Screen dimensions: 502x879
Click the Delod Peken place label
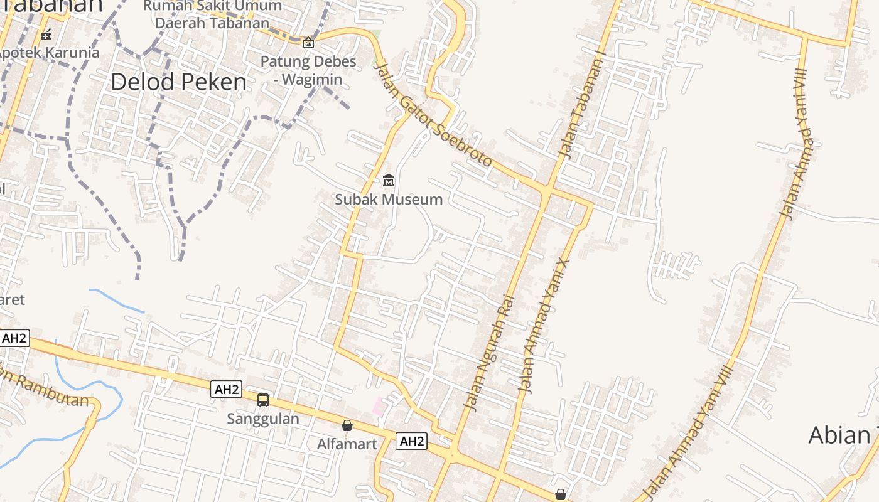(x=179, y=82)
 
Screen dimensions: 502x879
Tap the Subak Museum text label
(x=389, y=200)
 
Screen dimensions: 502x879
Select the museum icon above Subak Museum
(x=389, y=181)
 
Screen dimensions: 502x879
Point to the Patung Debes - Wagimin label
(x=308, y=70)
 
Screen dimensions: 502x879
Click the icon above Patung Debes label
(x=308, y=43)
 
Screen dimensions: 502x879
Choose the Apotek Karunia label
(x=49, y=52)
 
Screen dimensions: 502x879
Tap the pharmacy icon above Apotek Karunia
(x=46, y=34)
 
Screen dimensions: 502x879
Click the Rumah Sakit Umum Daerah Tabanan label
(x=212, y=14)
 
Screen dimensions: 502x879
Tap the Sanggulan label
(x=263, y=419)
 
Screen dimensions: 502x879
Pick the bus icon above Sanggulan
(x=263, y=400)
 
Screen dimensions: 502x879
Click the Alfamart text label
(x=347, y=444)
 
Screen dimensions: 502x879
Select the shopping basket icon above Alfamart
(x=347, y=425)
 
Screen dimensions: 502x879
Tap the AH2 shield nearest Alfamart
(x=411, y=441)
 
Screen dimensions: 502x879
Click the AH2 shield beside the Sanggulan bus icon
(x=226, y=389)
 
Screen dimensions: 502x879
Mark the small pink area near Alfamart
(x=379, y=406)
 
